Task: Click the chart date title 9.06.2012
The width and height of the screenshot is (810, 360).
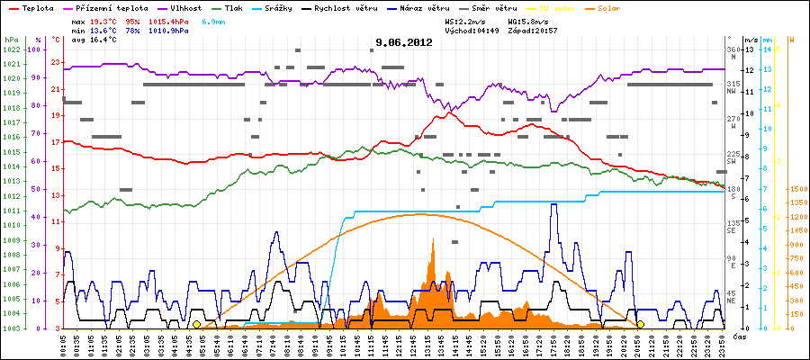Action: point(404,42)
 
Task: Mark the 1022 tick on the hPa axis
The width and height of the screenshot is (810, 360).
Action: point(11,49)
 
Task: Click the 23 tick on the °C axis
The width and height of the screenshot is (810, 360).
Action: point(56,62)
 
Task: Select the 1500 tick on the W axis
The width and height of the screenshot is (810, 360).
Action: point(796,189)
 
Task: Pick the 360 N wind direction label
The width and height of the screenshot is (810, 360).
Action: point(732,53)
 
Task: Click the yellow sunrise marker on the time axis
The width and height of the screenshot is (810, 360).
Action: point(196,324)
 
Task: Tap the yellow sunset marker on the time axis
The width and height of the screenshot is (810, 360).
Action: point(640,324)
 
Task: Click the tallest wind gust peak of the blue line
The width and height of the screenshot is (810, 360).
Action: point(553,205)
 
